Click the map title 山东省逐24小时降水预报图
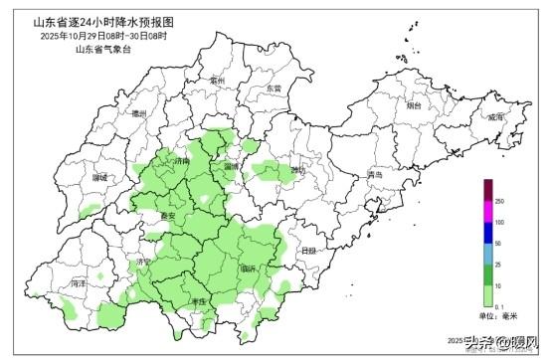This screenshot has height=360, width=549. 103,20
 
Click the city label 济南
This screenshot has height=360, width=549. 180,160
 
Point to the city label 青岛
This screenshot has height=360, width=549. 374,175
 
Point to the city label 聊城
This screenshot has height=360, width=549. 98,177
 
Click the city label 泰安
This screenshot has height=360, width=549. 167,215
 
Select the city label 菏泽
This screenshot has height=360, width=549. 79,283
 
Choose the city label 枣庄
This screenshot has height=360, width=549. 196,300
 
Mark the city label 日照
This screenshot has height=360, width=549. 308,251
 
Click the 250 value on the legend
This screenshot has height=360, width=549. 498,202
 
